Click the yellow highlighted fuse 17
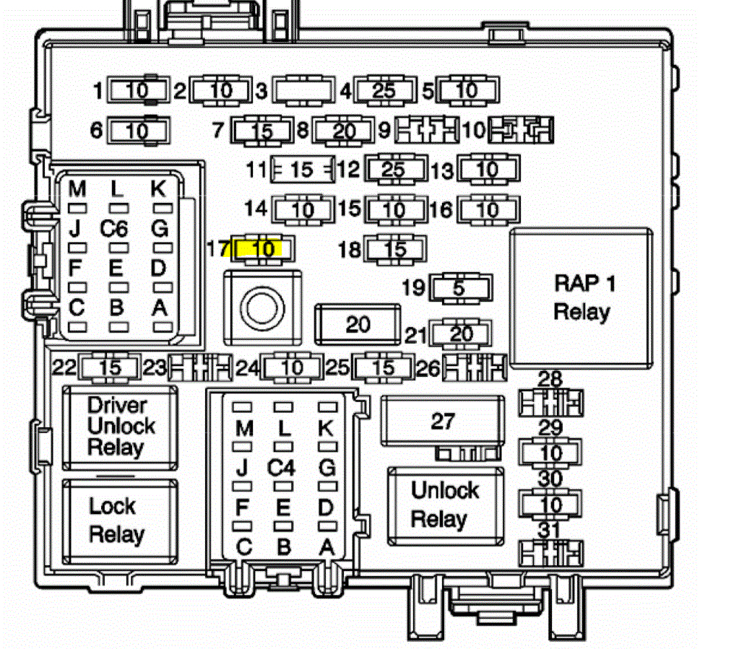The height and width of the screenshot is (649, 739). [x=264, y=249]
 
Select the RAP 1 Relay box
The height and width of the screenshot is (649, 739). [x=582, y=297]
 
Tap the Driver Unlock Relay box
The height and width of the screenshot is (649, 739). [x=120, y=427]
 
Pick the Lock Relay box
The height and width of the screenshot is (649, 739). [x=120, y=520]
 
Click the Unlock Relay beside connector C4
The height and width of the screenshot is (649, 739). [x=445, y=505]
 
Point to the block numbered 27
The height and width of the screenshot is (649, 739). [x=442, y=421]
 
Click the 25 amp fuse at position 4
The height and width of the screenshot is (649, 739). [x=384, y=92]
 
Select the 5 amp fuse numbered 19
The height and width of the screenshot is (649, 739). [x=460, y=288]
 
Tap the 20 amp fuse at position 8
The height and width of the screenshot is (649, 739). [x=345, y=131]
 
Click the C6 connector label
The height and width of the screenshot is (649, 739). [x=114, y=230]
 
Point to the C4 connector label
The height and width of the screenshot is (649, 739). [x=282, y=468]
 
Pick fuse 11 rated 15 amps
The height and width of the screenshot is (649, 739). [x=302, y=170]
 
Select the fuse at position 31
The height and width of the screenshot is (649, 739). [x=551, y=554]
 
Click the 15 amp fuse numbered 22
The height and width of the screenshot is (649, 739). [x=110, y=368]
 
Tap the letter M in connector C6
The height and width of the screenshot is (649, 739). [x=77, y=190]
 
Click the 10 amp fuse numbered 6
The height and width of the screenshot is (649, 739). [x=137, y=131]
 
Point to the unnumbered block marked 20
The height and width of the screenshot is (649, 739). [x=358, y=325]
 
